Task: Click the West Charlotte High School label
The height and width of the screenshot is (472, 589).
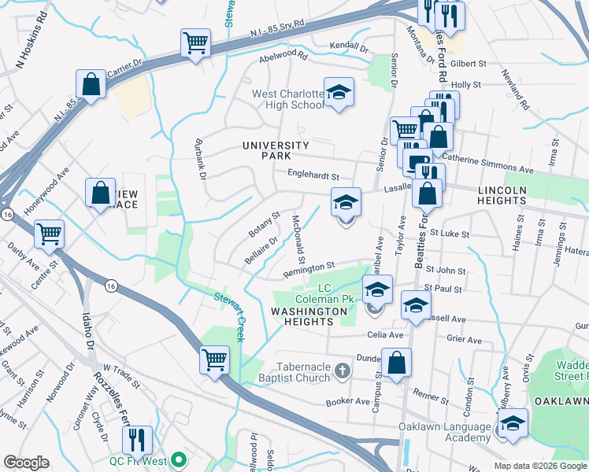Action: [287, 99]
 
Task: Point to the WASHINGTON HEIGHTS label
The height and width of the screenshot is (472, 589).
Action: [309, 312]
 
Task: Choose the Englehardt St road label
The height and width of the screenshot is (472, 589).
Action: [313, 176]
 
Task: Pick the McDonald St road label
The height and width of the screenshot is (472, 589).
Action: [298, 240]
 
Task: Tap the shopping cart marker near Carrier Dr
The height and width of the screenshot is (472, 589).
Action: [195, 43]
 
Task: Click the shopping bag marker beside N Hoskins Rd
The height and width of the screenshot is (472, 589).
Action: [91, 85]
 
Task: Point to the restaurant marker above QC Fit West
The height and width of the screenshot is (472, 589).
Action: [137, 441]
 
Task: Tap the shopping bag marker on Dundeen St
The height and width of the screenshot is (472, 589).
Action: [396, 363]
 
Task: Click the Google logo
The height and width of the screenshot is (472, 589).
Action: [26, 463]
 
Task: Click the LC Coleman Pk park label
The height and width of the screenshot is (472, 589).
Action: [320, 293]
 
